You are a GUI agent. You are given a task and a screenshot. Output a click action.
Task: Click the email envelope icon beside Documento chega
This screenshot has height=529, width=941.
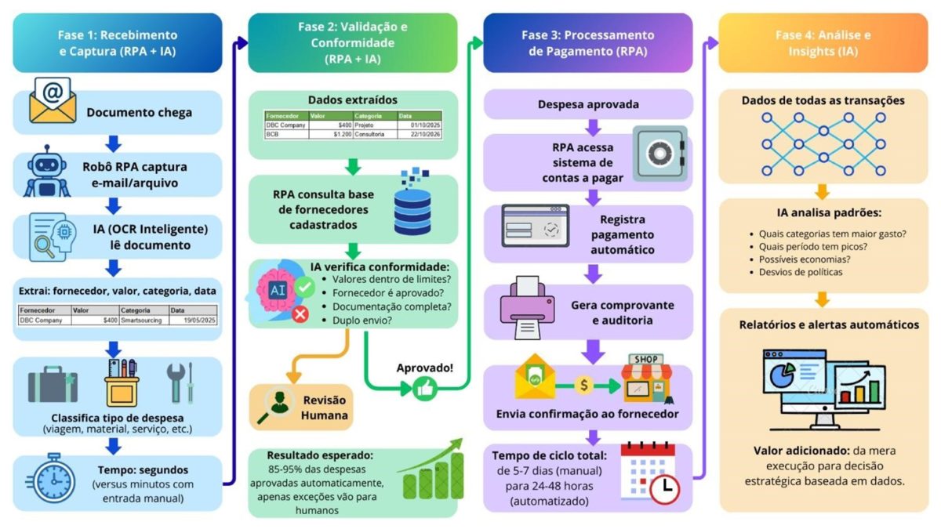(x=53, y=101)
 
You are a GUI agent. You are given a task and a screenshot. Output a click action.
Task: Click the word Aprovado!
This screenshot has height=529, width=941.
(x=425, y=366)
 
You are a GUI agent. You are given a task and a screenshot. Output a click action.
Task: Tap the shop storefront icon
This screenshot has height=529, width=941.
(x=646, y=378)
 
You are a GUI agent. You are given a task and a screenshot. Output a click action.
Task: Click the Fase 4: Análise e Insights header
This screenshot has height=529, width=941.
(x=823, y=43)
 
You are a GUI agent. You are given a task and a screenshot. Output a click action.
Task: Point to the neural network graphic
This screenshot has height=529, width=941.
(x=823, y=144)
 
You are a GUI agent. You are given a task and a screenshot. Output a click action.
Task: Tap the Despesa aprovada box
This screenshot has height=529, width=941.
(x=587, y=104)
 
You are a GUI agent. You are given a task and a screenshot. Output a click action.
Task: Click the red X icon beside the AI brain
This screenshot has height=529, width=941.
(x=300, y=313)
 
